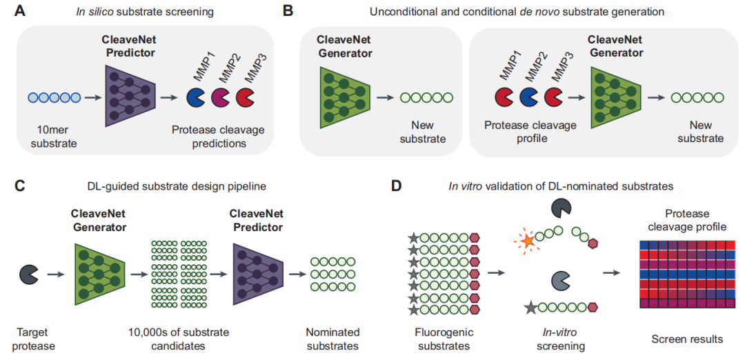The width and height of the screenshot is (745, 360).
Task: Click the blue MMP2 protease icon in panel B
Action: (x=530, y=97)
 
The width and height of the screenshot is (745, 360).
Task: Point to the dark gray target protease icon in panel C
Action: (x=29, y=274)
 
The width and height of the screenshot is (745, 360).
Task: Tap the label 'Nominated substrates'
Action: (x=333, y=339)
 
